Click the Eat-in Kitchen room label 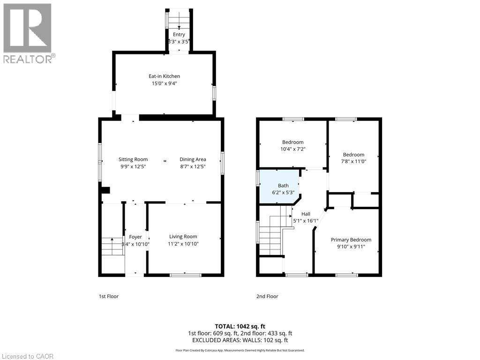point(164,76)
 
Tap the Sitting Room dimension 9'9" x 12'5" point(133,166)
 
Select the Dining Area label point(193,159)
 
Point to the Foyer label point(135,237)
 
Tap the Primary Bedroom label point(351,240)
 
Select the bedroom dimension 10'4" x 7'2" point(292,149)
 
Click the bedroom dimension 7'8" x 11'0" point(353,161)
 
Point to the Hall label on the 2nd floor point(306,214)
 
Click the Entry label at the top point(179,34)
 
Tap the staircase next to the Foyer point(112,246)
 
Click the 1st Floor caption point(108,296)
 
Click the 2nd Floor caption point(267,296)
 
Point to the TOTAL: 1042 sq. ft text point(240,326)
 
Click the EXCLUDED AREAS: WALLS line point(240,340)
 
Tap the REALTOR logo point(28,33)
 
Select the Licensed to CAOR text point(28,356)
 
